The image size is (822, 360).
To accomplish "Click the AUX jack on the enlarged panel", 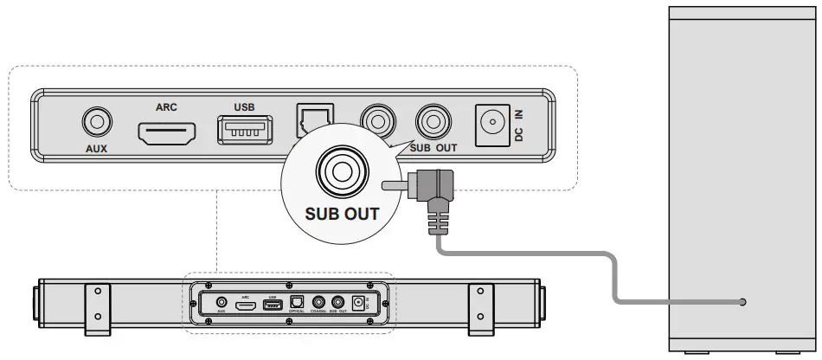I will pyautogui.click(x=97, y=123).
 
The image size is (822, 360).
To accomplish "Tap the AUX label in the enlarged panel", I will pyautogui.click(x=97, y=148).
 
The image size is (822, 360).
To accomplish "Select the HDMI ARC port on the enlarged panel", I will pyautogui.click(x=166, y=133).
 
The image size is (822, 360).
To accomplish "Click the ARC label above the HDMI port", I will pyautogui.click(x=166, y=109).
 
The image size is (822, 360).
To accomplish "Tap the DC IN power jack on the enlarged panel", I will pyautogui.click(x=492, y=123).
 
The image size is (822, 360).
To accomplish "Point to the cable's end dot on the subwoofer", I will pyautogui.click(x=742, y=302).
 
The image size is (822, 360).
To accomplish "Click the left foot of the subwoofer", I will pyautogui.click(x=690, y=353).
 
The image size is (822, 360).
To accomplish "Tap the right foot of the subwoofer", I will pyautogui.click(x=787, y=353).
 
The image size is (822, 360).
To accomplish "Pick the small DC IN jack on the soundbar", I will pyautogui.click(x=373, y=304).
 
